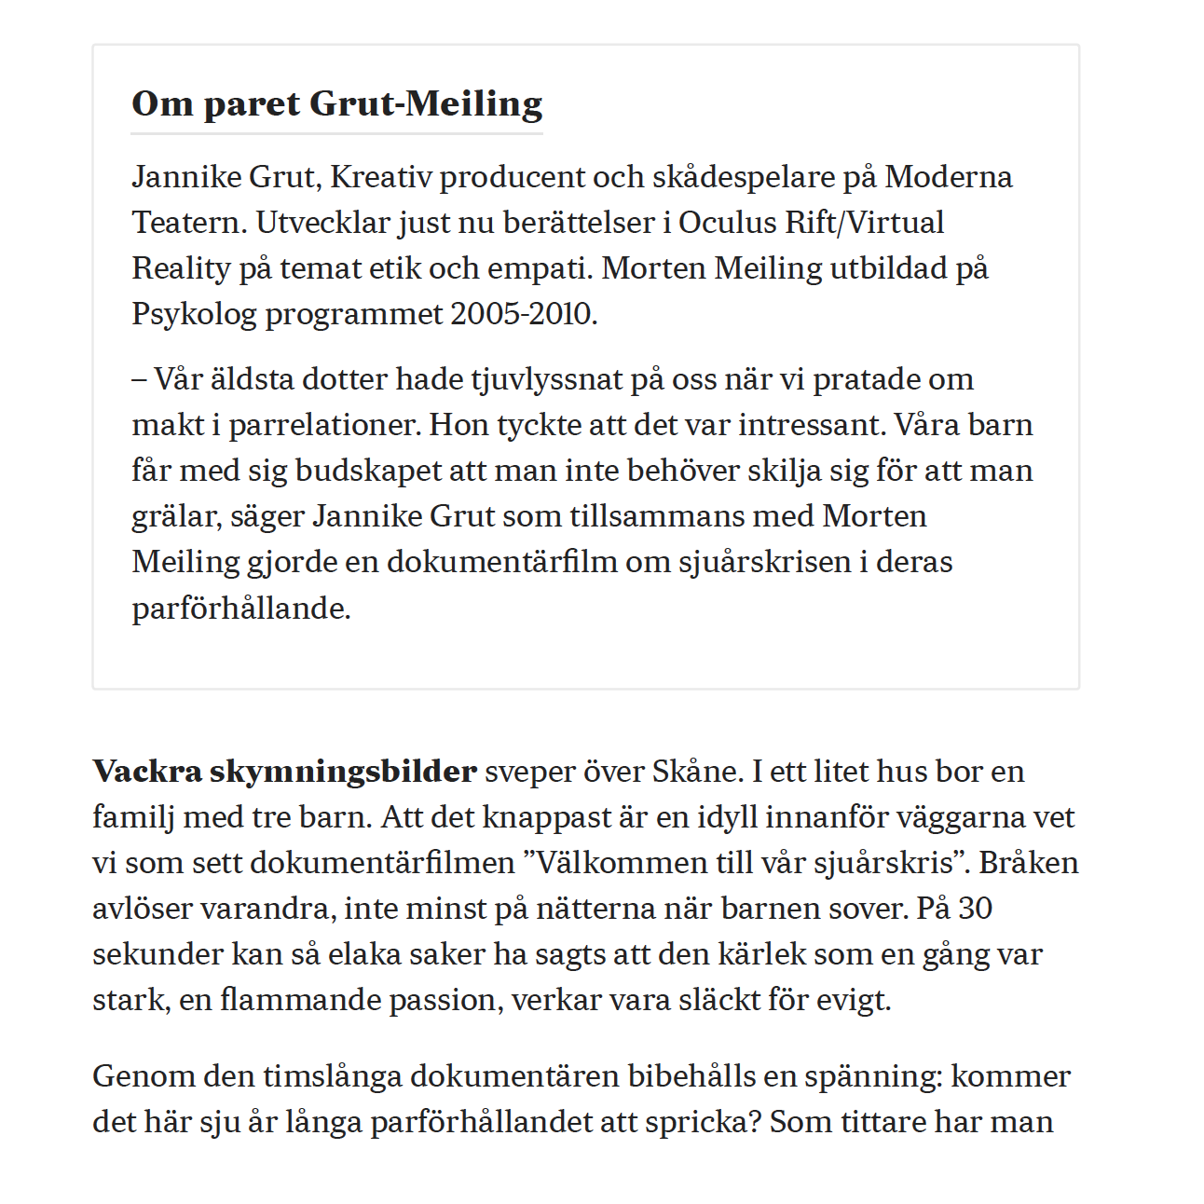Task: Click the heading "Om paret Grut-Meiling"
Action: point(336,103)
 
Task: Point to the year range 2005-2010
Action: point(523,314)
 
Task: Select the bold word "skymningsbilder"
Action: point(343,772)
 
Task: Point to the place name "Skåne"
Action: point(695,772)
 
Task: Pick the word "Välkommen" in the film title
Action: point(618,863)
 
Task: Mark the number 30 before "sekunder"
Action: point(976,909)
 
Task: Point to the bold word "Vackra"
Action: point(147,772)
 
